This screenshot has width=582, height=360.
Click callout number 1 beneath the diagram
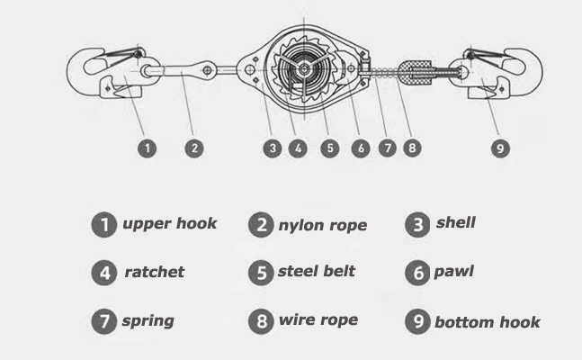pyautogui.click(x=147, y=148)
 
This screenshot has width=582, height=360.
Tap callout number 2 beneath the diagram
pyautogui.click(x=194, y=148)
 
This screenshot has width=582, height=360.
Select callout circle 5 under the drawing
pyautogui.click(x=329, y=148)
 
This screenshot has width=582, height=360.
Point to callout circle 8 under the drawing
pyautogui.click(x=412, y=148)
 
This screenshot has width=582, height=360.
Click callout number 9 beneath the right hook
pyautogui.click(x=500, y=148)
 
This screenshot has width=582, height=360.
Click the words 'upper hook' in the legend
pyautogui.click(x=170, y=224)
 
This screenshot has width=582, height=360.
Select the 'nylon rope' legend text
pyautogui.click(x=323, y=225)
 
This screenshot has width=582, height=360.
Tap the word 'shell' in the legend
pyautogui.click(x=455, y=222)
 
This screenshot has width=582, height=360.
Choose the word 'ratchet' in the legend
pyautogui.click(x=155, y=272)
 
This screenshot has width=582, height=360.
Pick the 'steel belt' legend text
pyautogui.click(x=317, y=271)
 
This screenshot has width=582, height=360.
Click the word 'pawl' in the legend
pyautogui.click(x=453, y=272)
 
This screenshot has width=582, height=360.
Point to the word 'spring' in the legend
pyautogui.click(x=148, y=320)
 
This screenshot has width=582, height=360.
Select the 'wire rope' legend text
pyautogui.click(x=318, y=319)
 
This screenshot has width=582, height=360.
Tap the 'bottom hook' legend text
pyautogui.click(x=487, y=322)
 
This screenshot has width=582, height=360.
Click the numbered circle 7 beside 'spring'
pyautogui.click(x=104, y=321)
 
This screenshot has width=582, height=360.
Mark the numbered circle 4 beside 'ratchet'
pyautogui.click(x=104, y=273)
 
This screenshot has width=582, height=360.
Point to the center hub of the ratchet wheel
pyautogui.click(x=304, y=68)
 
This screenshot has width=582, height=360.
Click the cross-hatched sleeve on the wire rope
pyautogui.click(x=416, y=73)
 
